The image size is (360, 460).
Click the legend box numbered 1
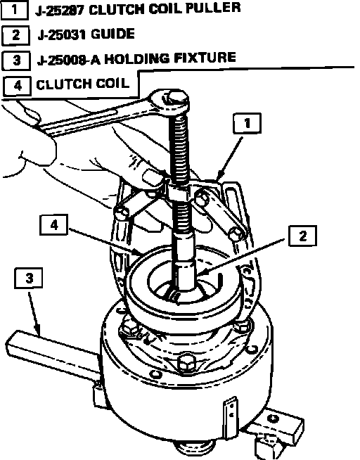point(15,10)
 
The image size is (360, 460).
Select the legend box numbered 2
point(16,35)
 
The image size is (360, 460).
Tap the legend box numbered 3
point(16,60)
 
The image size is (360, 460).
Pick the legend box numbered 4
point(18,86)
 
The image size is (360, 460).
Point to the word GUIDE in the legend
point(112,34)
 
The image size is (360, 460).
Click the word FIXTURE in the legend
point(205,57)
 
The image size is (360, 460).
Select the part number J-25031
point(62,35)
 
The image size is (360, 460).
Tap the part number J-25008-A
point(69,60)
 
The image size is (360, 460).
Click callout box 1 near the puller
point(247,123)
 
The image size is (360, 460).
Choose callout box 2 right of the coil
point(302,236)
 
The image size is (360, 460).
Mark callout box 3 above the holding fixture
point(28,278)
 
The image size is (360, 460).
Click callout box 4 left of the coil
point(54,225)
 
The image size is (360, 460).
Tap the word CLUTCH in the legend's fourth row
point(60,84)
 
